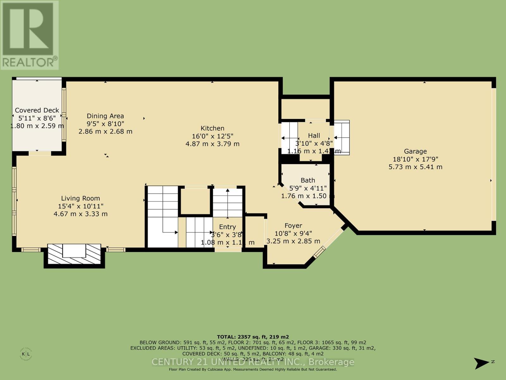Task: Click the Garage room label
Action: (x=415, y=151)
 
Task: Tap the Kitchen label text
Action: (x=213, y=128)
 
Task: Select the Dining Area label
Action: (x=105, y=116)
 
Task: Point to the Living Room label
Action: (x=80, y=198)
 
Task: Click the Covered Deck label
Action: (x=37, y=110)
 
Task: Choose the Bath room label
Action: (x=308, y=180)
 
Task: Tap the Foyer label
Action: (x=293, y=225)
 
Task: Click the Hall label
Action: (x=314, y=136)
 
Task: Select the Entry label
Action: (x=227, y=227)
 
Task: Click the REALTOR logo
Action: (x=29, y=35)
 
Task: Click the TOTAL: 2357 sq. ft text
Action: (x=253, y=337)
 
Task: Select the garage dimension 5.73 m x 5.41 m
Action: (x=415, y=167)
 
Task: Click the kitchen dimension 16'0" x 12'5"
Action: (x=213, y=136)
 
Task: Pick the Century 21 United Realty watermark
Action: (x=253, y=362)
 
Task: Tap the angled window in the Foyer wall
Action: (x=319, y=252)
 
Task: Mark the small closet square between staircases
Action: (x=195, y=201)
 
